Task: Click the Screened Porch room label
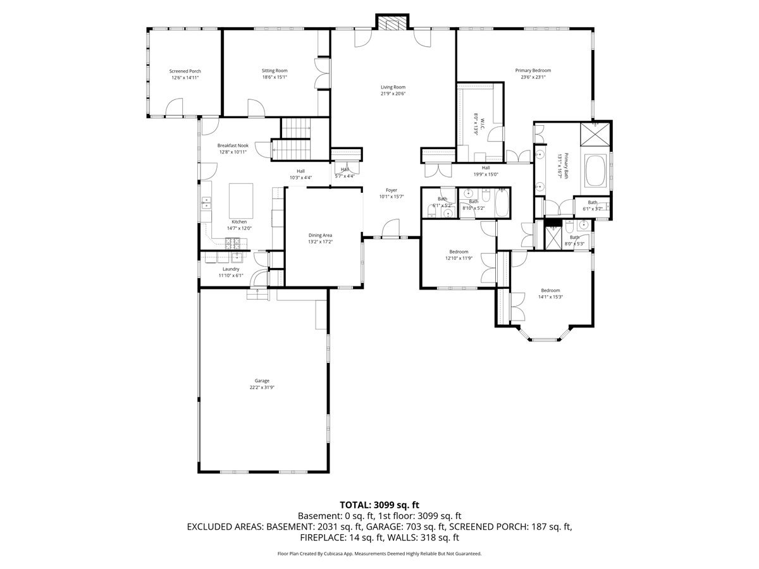pos(185,71)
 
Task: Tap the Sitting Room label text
pos(275,71)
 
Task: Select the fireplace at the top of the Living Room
pos(393,22)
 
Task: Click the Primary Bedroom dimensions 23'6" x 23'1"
pos(533,77)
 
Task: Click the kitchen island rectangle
pos(240,199)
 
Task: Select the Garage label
pos(262,381)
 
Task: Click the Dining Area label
pos(320,235)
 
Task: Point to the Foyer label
pos(392,190)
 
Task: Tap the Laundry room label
pos(231,269)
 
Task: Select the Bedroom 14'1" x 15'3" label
pos(550,290)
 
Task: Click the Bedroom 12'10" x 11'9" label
pos(459,252)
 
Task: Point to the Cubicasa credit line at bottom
pos(379,553)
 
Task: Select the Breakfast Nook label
pos(233,145)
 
